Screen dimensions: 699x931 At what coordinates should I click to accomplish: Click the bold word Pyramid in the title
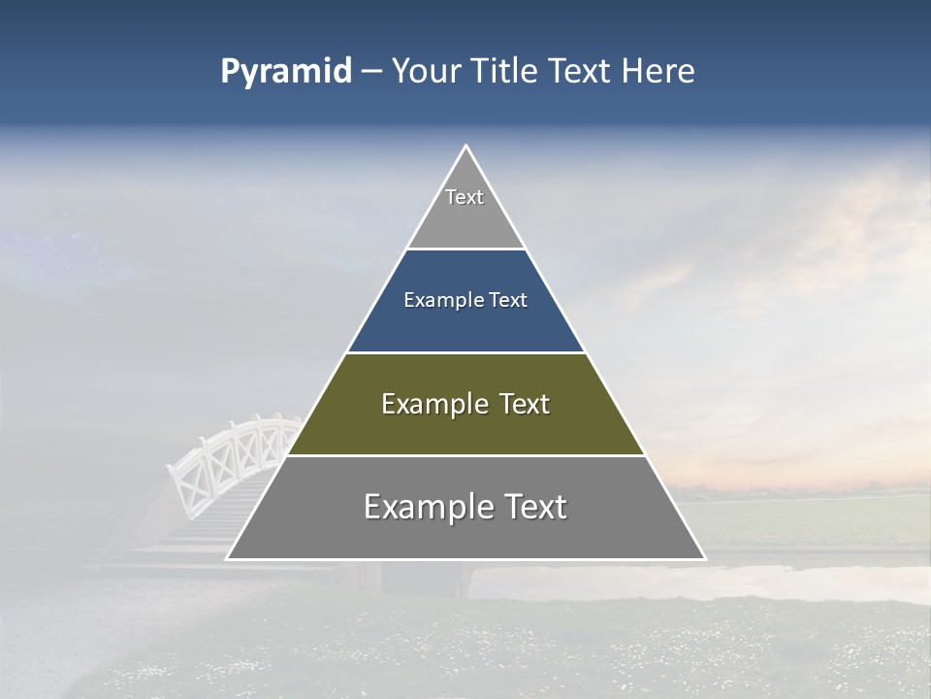click(x=285, y=72)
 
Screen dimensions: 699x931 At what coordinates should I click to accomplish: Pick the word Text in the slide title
click(x=581, y=72)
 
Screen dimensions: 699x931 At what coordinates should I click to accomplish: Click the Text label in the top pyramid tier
click(x=465, y=197)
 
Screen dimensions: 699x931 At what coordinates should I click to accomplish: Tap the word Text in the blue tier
click(x=508, y=301)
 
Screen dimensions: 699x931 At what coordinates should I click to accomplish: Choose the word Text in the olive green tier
click(x=519, y=404)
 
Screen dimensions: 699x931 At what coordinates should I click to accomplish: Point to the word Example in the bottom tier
click(x=423, y=507)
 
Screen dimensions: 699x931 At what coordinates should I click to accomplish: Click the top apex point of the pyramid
click(x=465, y=147)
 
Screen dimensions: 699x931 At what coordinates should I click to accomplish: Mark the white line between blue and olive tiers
click(x=465, y=352)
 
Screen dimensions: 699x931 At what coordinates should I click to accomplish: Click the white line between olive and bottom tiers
click(x=465, y=455)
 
